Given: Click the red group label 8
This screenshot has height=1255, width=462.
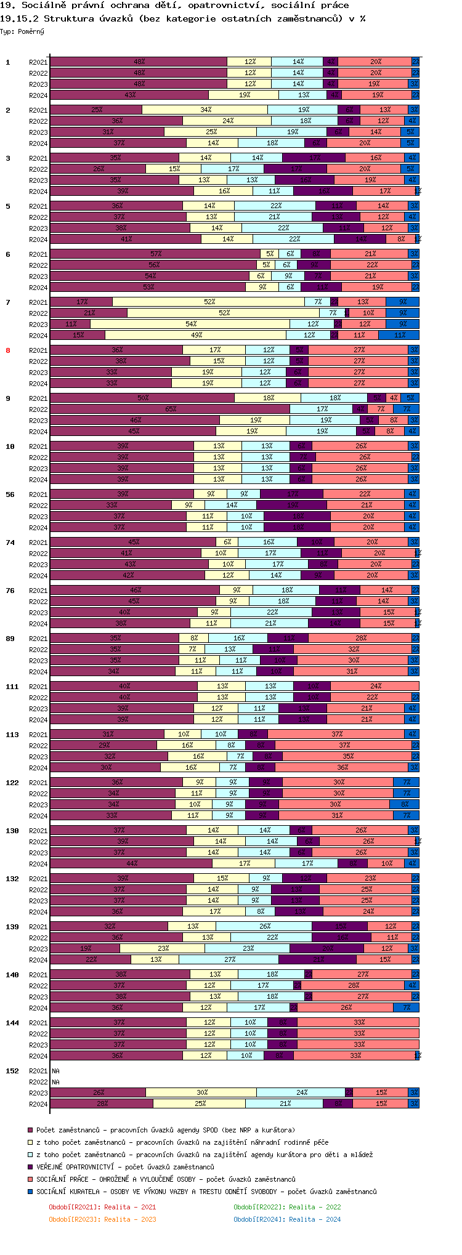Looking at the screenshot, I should (x=8, y=350).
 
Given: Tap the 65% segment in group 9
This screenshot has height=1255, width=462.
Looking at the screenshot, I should (x=170, y=409).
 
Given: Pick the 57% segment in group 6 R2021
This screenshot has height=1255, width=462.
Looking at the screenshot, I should (x=155, y=254).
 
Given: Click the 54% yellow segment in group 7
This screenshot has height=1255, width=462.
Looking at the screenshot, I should (x=190, y=324).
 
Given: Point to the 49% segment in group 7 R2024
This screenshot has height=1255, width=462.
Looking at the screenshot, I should (x=196, y=335).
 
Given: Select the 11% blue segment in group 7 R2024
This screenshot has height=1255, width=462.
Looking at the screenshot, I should (x=399, y=335).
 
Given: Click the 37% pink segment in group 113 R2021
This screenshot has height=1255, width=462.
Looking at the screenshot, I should (x=336, y=734).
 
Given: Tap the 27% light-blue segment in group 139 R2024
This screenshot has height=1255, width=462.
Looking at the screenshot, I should (x=229, y=959).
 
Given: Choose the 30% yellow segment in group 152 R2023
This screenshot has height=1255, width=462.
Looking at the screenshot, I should (x=201, y=1092).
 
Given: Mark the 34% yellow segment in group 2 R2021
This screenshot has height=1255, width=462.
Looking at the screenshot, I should (x=205, y=110).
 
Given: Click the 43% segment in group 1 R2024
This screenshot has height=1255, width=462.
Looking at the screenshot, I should (x=129, y=95).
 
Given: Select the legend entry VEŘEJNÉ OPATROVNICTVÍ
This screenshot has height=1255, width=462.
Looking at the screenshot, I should (x=125, y=1167).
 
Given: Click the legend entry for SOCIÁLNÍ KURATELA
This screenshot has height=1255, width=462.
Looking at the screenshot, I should (x=206, y=1192).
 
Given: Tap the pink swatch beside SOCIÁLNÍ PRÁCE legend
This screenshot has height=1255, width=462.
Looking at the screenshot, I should (x=30, y=1179).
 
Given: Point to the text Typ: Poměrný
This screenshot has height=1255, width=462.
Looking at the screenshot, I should (x=22, y=31).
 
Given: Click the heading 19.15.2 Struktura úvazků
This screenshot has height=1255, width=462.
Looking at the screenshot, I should (x=182, y=18).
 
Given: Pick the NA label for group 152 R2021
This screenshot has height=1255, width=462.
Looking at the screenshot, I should (x=56, y=1071).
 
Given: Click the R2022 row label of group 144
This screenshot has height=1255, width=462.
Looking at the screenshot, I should (x=38, y=1034).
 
